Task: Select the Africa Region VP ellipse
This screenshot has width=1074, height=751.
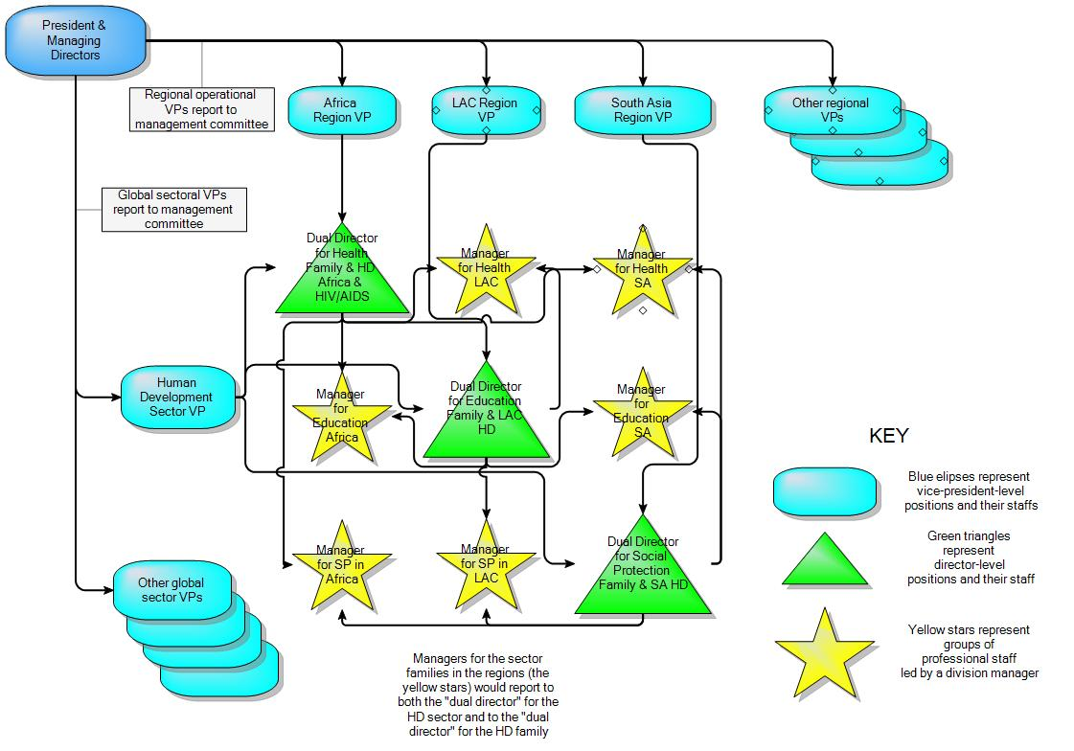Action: pos(341,109)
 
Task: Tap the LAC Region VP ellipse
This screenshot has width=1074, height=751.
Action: pos(485,109)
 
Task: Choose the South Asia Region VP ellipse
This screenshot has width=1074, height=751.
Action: pos(642,109)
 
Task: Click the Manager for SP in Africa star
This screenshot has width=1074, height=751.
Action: pos(341,565)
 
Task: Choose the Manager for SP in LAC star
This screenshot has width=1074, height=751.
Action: pos(486,565)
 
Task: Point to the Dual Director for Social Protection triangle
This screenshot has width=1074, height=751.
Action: pos(643,570)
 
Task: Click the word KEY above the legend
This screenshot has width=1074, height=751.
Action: pos(888,436)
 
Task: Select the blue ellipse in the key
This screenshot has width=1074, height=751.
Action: pos(825,490)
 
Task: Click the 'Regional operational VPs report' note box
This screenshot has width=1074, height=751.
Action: pos(200,109)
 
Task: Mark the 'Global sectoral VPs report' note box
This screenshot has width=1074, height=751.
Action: pos(174,209)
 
